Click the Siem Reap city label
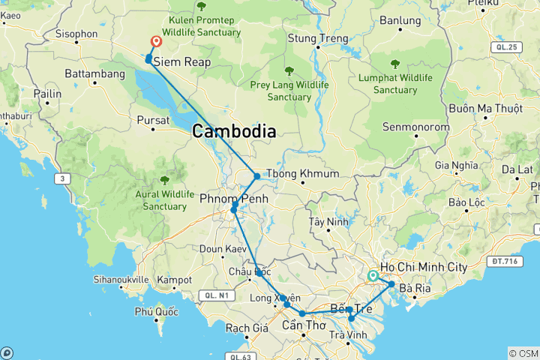181,63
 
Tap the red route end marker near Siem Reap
157,42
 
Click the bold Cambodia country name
234,131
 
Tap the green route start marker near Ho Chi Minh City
373,276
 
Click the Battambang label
94,75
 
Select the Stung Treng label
318,38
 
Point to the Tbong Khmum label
308,174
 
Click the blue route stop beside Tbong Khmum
257,176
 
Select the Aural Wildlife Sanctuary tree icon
164,180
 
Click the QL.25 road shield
506,47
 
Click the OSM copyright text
523,352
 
